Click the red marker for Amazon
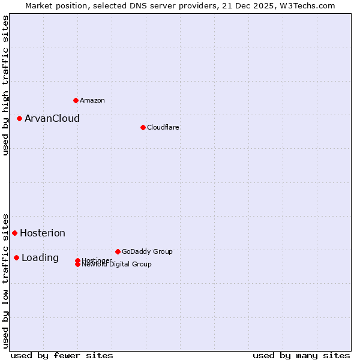click(x=76, y=100)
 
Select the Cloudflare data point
click(x=143, y=127)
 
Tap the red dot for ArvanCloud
click(x=19, y=118)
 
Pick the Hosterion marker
click(x=14, y=233)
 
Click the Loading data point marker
click(x=16, y=257)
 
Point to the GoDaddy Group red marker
click(x=118, y=251)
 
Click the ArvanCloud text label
click(x=52, y=118)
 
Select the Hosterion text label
click(x=43, y=233)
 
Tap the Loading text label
click(x=40, y=257)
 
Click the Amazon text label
click(x=92, y=100)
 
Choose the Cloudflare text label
click(x=163, y=127)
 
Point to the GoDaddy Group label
click(x=147, y=251)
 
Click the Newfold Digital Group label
click(x=117, y=264)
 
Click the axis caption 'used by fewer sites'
click(x=62, y=355)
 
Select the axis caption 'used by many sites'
click(x=301, y=355)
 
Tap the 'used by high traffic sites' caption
click(x=5, y=85)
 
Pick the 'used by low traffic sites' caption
click(x=5, y=281)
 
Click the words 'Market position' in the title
click(x=53, y=5)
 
